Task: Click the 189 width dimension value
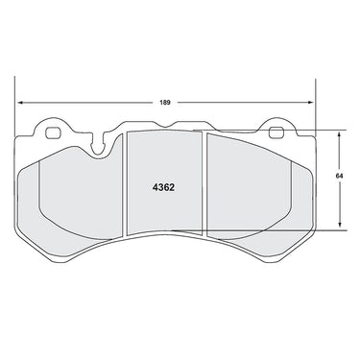(165, 103)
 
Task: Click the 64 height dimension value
(339, 176)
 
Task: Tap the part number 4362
(163, 187)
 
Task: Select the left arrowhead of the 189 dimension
(20, 103)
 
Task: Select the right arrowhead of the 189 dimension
(310, 103)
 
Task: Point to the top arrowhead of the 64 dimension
(340, 133)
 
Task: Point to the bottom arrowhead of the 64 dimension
(340, 227)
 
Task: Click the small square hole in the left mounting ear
(53, 132)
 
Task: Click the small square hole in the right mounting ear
(276, 132)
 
